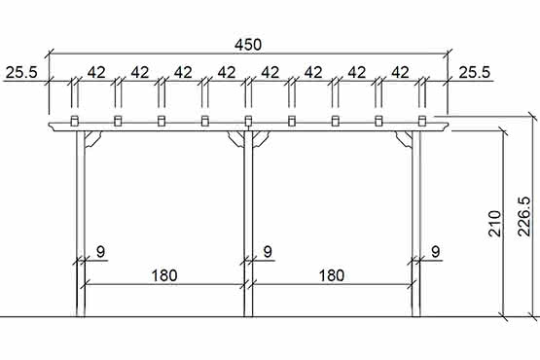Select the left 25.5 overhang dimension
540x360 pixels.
[x=22, y=71]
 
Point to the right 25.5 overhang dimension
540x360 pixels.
[x=475, y=71]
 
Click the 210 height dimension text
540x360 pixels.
[x=493, y=224]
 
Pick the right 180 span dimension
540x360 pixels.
[x=331, y=275]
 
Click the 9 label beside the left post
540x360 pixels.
[x=100, y=252]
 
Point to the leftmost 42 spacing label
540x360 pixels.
[x=95, y=71]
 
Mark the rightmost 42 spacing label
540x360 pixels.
[x=401, y=71]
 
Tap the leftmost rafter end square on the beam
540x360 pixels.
[x=74, y=121]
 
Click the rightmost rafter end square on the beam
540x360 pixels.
[x=422, y=121]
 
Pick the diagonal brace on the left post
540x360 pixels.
[x=93, y=139]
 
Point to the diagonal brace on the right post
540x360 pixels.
[x=404, y=139]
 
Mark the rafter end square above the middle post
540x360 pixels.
[x=248, y=121]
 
